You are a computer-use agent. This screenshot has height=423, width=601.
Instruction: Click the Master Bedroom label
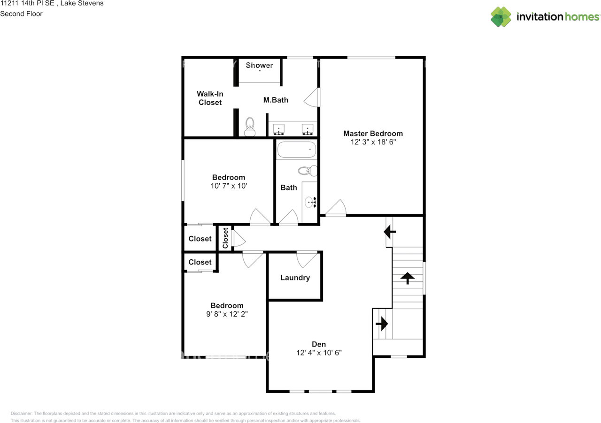coord(373,134)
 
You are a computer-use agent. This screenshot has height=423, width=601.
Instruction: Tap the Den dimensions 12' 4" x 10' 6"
coord(319,353)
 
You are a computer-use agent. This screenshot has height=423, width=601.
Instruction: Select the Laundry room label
coord(295,278)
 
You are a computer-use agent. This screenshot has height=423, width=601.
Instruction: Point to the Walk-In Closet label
coord(210,98)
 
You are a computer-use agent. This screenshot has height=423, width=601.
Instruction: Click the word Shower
coord(260,65)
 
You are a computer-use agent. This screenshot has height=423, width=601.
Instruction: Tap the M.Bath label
coord(276,100)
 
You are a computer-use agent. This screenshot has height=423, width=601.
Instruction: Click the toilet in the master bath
coord(250,127)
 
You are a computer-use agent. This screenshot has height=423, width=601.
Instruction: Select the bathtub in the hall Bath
coord(297,149)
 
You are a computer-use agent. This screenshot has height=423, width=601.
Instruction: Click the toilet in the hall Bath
coord(308,171)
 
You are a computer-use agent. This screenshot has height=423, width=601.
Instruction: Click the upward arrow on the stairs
coord(408,278)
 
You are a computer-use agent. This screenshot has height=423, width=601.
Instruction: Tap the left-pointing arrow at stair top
coord(390,232)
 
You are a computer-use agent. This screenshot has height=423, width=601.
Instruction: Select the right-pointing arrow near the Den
coord(382,324)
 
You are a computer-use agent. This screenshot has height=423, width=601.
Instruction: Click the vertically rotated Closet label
coord(225,238)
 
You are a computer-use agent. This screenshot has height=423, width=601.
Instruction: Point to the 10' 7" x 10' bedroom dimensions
coord(229,186)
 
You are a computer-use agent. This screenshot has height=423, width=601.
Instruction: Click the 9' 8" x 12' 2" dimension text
coord(227,314)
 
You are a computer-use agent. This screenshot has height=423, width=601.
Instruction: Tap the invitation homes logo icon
coord(501,17)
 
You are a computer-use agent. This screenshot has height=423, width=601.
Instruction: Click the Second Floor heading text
coord(21,14)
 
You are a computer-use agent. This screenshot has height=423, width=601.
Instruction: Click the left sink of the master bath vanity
coord(279,129)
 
